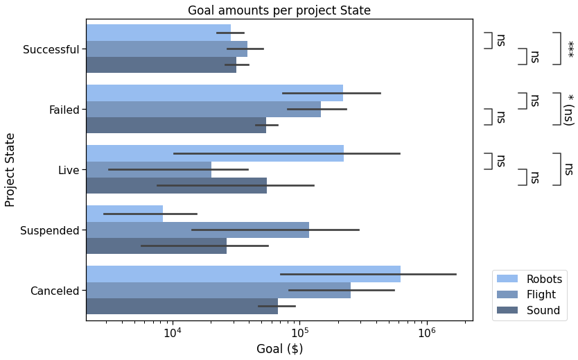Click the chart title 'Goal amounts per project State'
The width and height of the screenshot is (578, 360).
[279, 10]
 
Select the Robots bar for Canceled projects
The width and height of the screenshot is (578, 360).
[243, 274]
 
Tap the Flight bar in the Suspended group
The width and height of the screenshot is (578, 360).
[198, 230]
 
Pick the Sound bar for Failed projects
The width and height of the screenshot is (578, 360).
[176, 126]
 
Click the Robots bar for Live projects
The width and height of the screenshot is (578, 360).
[215, 153]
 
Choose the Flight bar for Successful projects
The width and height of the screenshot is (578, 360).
[166, 49]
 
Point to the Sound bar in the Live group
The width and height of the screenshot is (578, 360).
[176, 185]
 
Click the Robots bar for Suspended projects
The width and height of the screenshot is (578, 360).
[125, 214]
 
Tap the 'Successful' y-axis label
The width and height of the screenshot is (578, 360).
[51, 49]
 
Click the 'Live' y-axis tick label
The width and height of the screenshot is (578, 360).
[69, 170]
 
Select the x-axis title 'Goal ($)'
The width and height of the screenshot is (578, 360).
[279, 349]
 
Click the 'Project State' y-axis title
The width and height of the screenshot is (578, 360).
[10, 170]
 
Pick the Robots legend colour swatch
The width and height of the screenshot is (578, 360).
[507, 279]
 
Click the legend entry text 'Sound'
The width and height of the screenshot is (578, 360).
[543, 310]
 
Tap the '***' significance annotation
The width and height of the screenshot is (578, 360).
[570, 49]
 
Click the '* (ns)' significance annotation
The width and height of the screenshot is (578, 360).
[569, 110]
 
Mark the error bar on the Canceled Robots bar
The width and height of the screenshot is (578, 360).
[367, 274]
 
